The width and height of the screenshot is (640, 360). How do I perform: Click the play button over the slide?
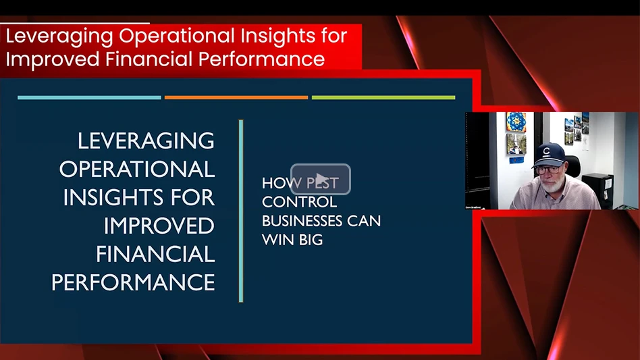click(321, 179)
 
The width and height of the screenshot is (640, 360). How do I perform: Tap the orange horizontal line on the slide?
click(236, 97)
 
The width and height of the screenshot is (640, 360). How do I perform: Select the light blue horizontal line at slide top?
click(89, 97)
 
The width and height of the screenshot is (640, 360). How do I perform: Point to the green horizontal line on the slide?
click(383, 97)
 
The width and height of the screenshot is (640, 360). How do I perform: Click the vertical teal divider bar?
click(241, 211)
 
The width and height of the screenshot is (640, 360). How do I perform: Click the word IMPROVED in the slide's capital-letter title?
click(159, 226)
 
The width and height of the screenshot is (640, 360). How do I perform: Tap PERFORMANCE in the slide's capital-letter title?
click(133, 282)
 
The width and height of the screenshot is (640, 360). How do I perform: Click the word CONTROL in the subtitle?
click(299, 202)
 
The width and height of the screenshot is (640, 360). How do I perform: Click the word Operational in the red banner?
click(177, 36)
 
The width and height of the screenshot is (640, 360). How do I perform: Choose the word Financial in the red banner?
click(149, 59)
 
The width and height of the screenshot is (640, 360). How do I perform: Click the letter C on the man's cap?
click(547, 151)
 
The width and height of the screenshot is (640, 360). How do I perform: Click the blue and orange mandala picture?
click(516, 122)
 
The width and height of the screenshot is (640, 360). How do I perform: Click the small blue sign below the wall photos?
click(516, 160)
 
